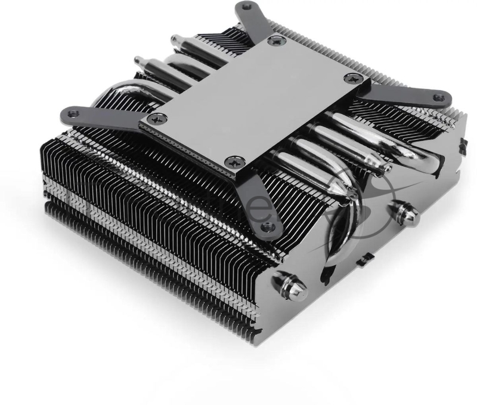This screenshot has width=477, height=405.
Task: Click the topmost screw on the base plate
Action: pos(275,41)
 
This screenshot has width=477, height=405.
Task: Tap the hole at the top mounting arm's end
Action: pos(244,8)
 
